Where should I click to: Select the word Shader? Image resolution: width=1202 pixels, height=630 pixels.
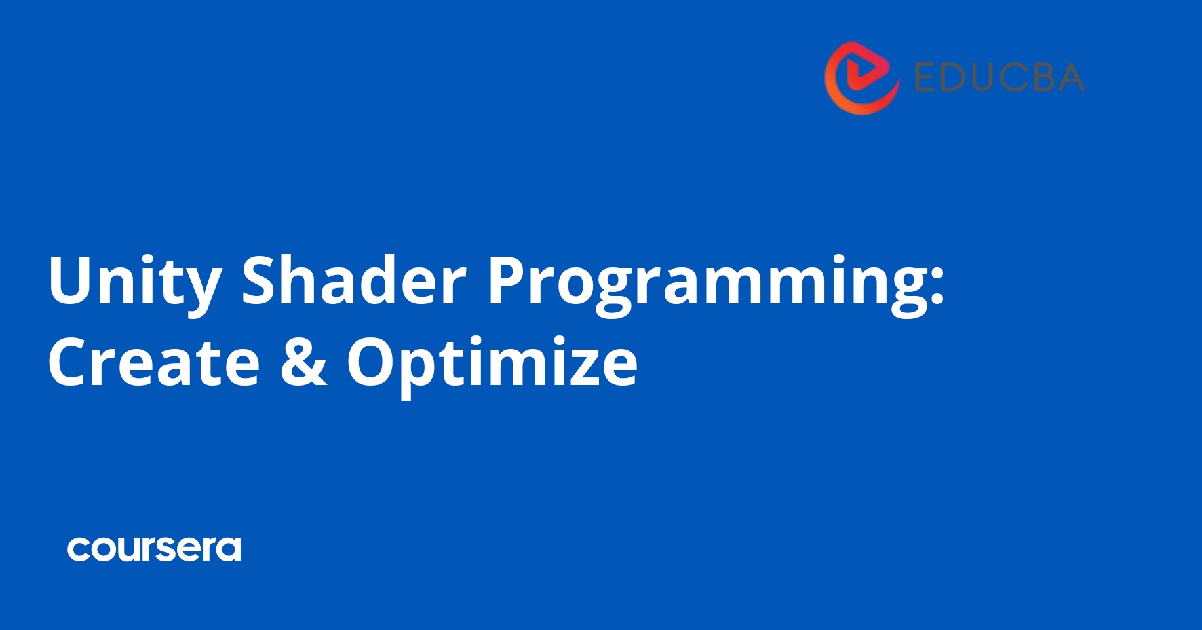coord(353,280)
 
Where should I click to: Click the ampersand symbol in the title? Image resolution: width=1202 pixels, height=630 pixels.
coord(303,363)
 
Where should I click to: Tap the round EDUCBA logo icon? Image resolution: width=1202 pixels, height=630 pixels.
coord(861,78)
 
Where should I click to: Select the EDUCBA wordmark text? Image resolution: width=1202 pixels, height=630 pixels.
coord(999,77)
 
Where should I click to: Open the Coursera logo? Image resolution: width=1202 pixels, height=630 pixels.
coord(154,549)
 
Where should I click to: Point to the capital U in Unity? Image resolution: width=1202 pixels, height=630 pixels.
coord(69,280)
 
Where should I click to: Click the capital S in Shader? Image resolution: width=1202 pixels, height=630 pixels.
coord(261,280)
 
